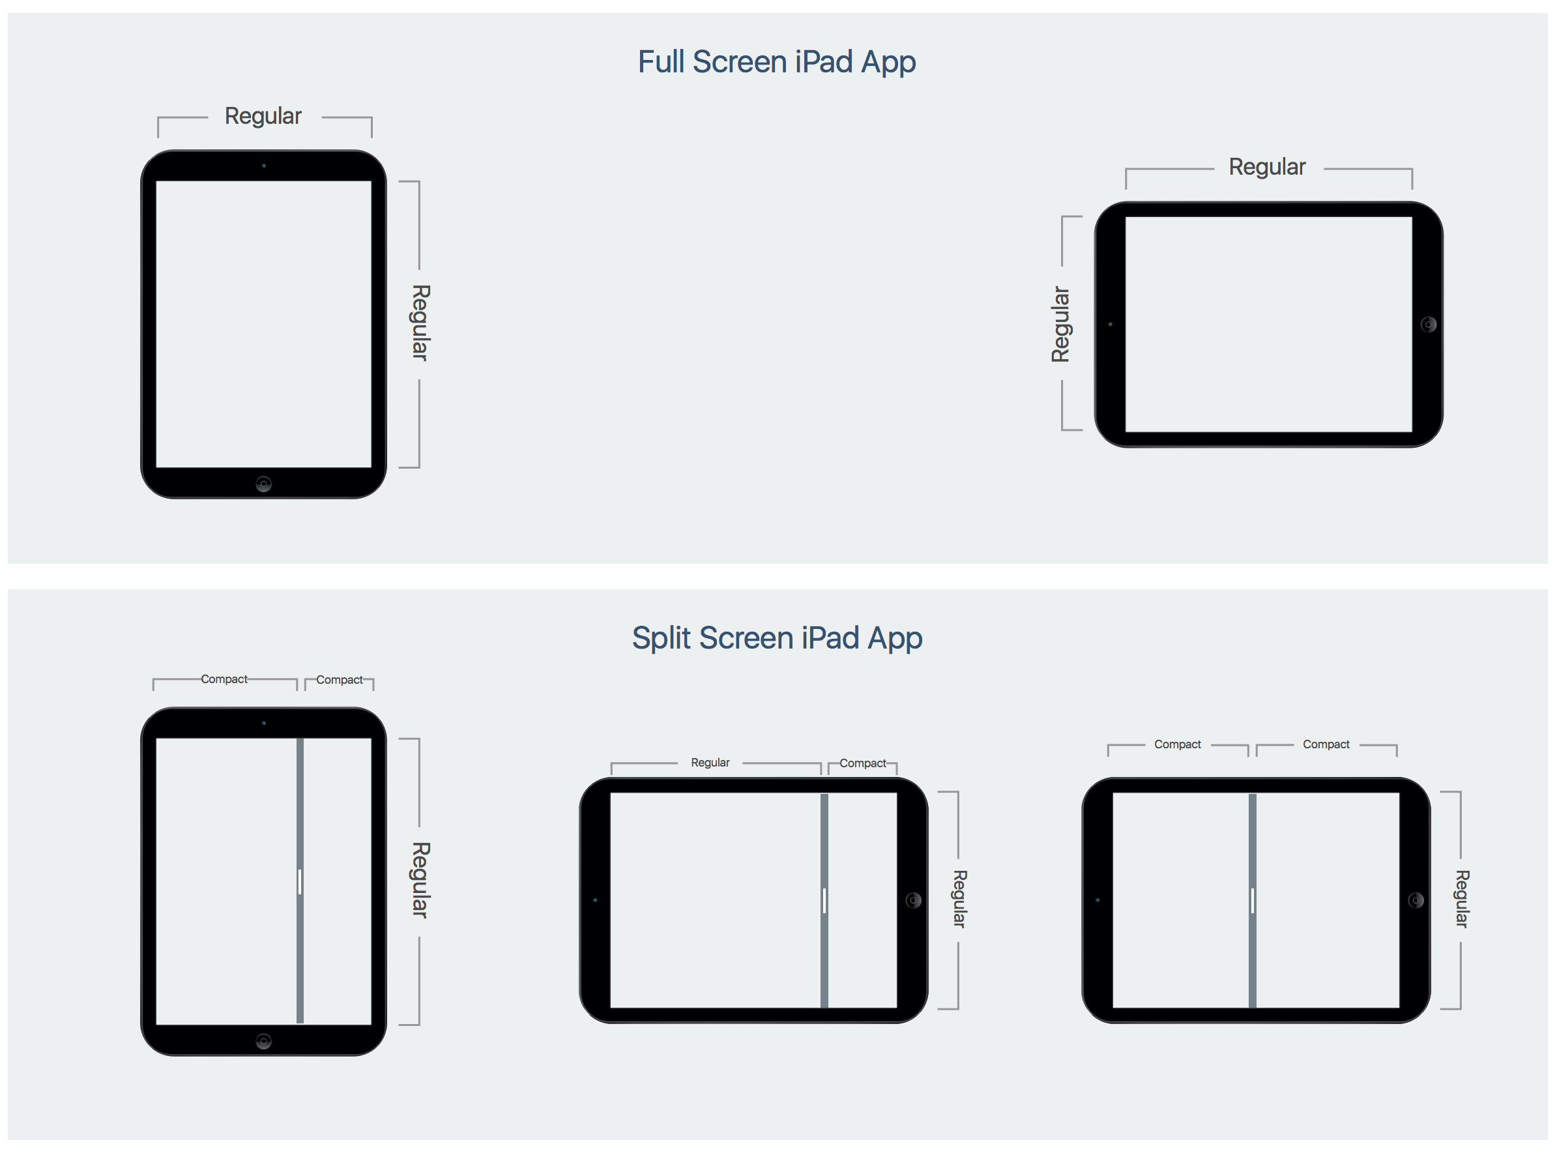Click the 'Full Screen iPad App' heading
tap(776, 63)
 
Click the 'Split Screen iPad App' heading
tap(776, 638)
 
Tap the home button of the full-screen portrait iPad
tap(263, 484)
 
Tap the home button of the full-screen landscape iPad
tap(1428, 324)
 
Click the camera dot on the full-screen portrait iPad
tap(264, 166)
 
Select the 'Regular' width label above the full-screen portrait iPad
tap(263, 116)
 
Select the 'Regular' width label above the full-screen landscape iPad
tap(1266, 168)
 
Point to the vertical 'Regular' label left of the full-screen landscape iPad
tap(1060, 324)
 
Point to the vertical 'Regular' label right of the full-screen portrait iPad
tap(420, 323)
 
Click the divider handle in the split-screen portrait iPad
tap(300, 882)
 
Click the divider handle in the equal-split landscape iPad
tap(1252, 901)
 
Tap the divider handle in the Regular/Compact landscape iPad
tap(824, 901)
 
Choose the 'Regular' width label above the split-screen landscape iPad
tap(710, 763)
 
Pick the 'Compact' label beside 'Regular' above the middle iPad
tap(862, 763)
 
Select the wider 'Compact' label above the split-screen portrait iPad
tap(224, 679)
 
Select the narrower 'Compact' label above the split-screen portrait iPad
tap(339, 680)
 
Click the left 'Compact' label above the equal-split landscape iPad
tap(1177, 744)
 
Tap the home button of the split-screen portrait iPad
tap(263, 1042)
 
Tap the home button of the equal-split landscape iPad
tap(1416, 901)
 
